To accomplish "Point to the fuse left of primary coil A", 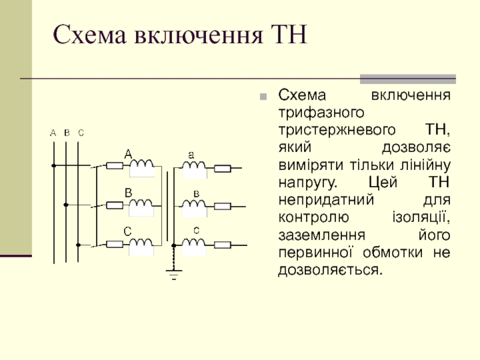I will tap(115, 166).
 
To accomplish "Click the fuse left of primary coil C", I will tap(115, 244).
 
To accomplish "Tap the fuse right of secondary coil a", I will tap(223, 168).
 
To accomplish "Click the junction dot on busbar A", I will tap(54, 166).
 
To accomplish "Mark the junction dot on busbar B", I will tap(67, 205).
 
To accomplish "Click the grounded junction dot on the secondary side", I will tap(174, 245).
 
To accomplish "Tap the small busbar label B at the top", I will tap(67, 133).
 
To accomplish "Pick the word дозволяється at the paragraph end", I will tap(329, 269).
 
